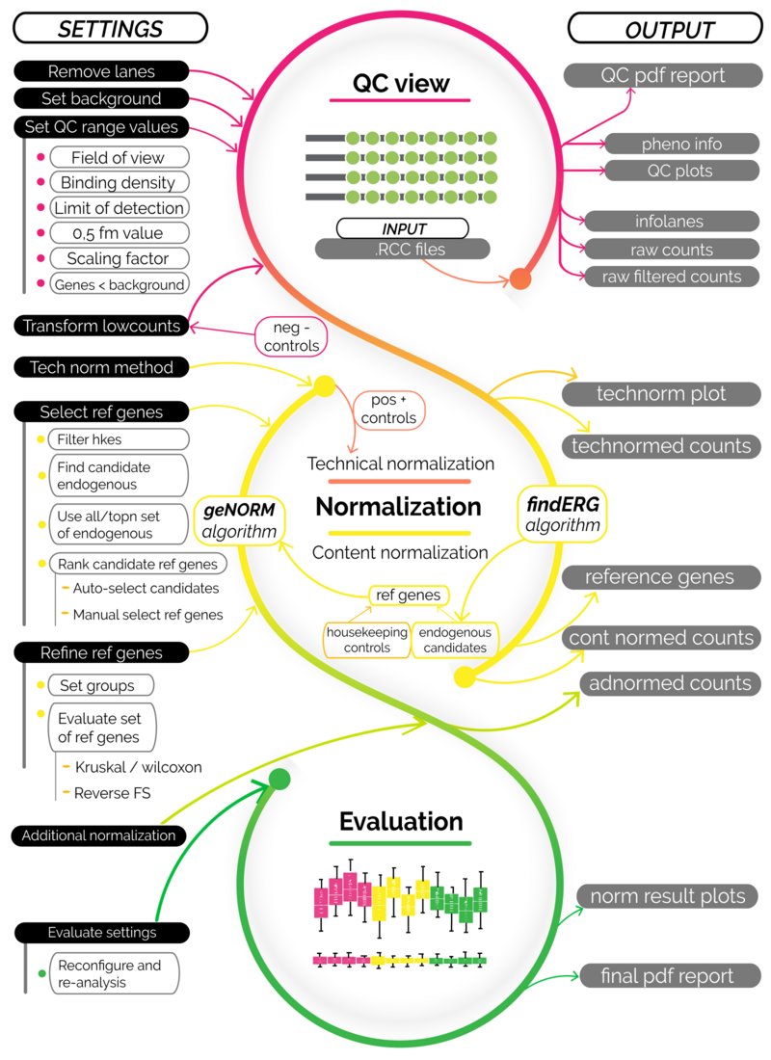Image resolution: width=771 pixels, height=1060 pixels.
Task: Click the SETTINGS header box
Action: [x=111, y=28]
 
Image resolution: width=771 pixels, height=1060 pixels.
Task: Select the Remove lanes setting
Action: [x=101, y=71]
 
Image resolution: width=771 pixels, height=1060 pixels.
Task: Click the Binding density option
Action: [x=118, y=182]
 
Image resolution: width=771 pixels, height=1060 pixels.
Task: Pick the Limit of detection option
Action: [x=118, y=207]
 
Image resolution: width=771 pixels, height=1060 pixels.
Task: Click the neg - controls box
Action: [x=289, y=334]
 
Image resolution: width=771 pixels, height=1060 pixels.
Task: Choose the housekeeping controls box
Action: [x=367, y=640]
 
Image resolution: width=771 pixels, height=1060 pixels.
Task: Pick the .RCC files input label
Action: [x=403, y=249]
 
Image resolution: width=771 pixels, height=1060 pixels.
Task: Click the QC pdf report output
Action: [x=656, y=75]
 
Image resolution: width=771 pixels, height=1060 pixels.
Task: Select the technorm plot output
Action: [x=660, y=393]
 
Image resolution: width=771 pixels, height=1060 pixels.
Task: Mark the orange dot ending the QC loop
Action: [x=519, y=279]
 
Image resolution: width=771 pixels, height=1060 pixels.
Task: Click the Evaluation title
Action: [x=401, y=822]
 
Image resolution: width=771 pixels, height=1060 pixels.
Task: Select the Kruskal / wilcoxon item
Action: [x=137, y=768]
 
